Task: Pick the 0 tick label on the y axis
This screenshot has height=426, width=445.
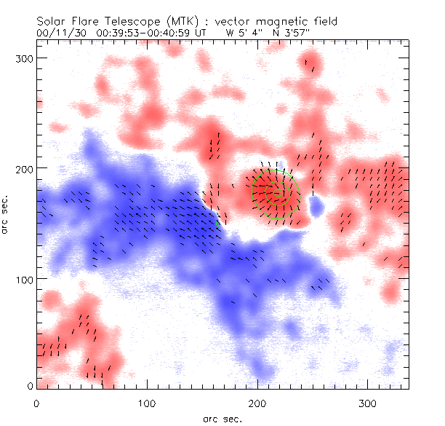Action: click(x=30, y=386)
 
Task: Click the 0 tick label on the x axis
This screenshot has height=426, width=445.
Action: click(x=36, y=402)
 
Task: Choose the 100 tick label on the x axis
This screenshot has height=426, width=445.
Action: click(x=147, y=402)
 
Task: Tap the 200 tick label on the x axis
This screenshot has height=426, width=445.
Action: click(x=257, y=402)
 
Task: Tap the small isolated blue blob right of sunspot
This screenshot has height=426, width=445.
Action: click(x=316, y=208)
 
